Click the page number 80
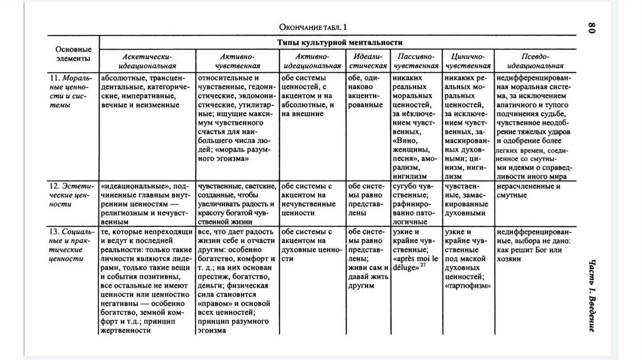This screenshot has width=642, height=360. click(591, 28)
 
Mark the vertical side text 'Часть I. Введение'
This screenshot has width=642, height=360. click(592, 294)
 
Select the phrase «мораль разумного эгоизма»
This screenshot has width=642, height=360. click(232, 156)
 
